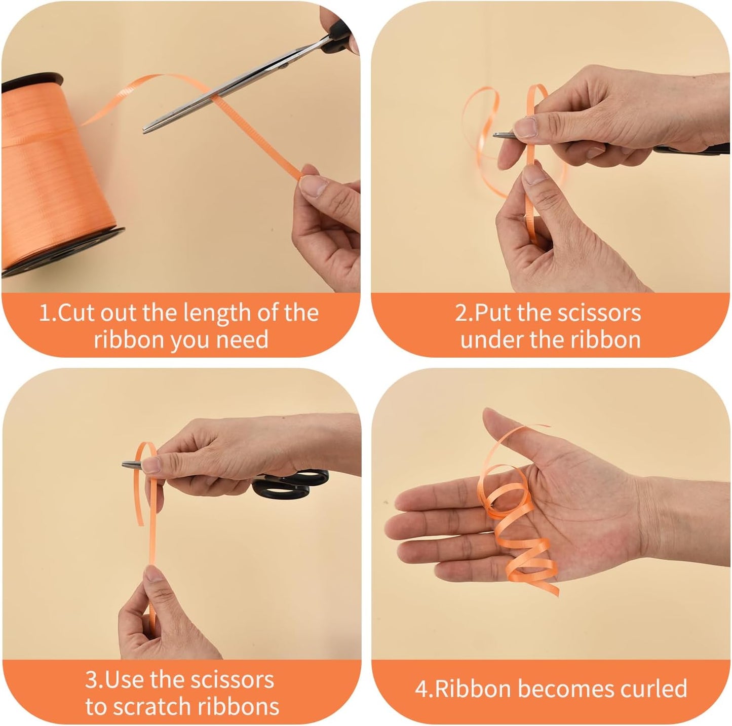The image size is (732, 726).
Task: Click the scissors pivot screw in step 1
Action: click(284, 65)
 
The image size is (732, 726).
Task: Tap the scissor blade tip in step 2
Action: click(495, 135)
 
